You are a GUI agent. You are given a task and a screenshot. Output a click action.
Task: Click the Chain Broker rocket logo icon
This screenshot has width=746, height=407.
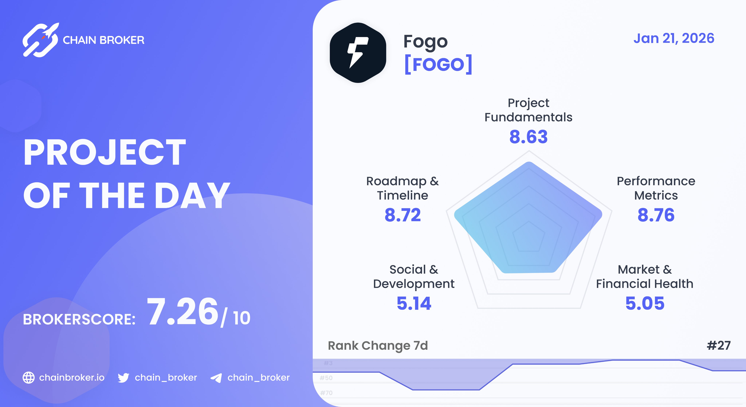click(x=41, y=40)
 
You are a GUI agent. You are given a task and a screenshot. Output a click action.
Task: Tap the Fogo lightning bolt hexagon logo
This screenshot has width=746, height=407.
click(x=358, y=53)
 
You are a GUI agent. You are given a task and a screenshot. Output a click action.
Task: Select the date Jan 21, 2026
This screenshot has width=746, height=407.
click(x=674, y=38)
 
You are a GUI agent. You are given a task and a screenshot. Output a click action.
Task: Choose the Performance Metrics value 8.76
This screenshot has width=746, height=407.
click(x=656, y=215)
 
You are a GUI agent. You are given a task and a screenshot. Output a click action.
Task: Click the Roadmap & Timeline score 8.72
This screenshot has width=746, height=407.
click(x=403, y=215)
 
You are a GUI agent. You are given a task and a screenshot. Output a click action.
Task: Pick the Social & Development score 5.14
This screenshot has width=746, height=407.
click(x=414, y=303)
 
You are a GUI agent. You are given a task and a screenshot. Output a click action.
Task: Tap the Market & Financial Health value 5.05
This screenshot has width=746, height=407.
click(x=645, y=303)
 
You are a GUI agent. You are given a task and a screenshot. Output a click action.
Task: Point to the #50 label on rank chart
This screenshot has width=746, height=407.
click(x=326, y=378)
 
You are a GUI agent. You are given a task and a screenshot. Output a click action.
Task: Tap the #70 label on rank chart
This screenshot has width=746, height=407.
click(x=326, y=393)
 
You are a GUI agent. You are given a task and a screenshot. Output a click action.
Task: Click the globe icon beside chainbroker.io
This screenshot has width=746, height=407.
click(x=29, y=377)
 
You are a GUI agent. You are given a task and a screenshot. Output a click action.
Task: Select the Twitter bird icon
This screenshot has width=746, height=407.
click(x=123, y=378)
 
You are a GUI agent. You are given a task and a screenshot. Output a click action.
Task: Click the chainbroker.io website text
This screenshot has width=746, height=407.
click(x=72, y=377)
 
